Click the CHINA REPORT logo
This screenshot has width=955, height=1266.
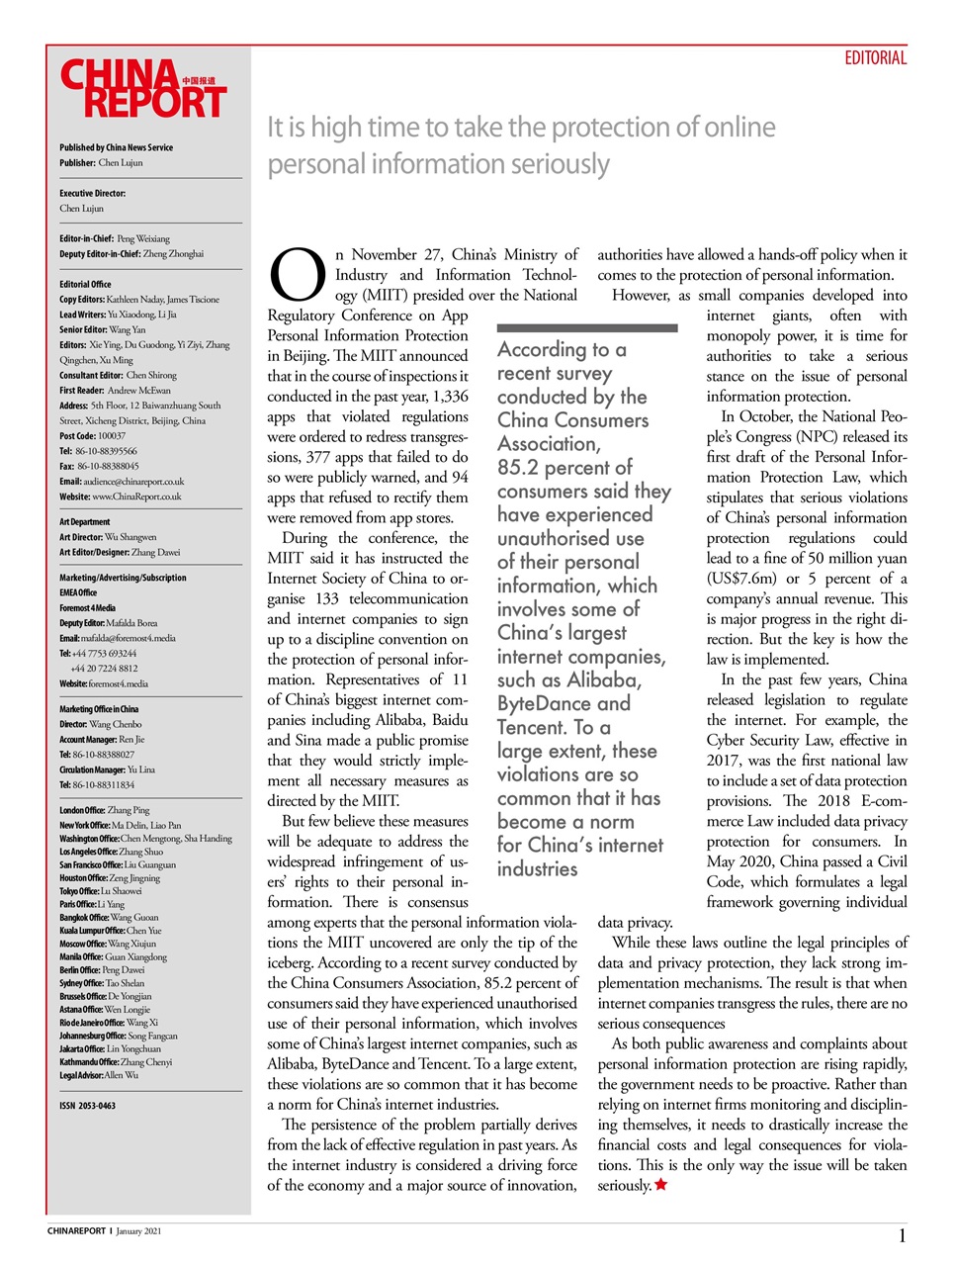(143, 89)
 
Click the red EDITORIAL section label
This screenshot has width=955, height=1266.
(875, 58)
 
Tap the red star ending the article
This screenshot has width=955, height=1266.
(661, 1185)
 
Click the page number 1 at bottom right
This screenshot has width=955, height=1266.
(902, 1235)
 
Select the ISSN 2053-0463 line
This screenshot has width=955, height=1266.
(87, 1106)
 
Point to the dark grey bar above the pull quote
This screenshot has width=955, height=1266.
(587, 327)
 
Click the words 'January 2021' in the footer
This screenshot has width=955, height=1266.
(138, 1231)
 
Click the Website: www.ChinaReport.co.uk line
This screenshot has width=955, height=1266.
(121, 497)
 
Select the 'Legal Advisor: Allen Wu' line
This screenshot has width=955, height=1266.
(99, 1075)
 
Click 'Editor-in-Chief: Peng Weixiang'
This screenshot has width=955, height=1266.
(115, 238)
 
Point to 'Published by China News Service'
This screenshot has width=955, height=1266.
(116, 147)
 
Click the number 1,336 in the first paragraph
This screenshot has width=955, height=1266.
(450, 397)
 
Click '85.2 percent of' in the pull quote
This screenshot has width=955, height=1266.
(564, 468)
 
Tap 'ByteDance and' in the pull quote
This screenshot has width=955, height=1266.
(564, 704)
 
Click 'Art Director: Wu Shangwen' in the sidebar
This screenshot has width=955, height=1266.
(108, 537)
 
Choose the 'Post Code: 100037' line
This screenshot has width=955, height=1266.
(92, 435)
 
